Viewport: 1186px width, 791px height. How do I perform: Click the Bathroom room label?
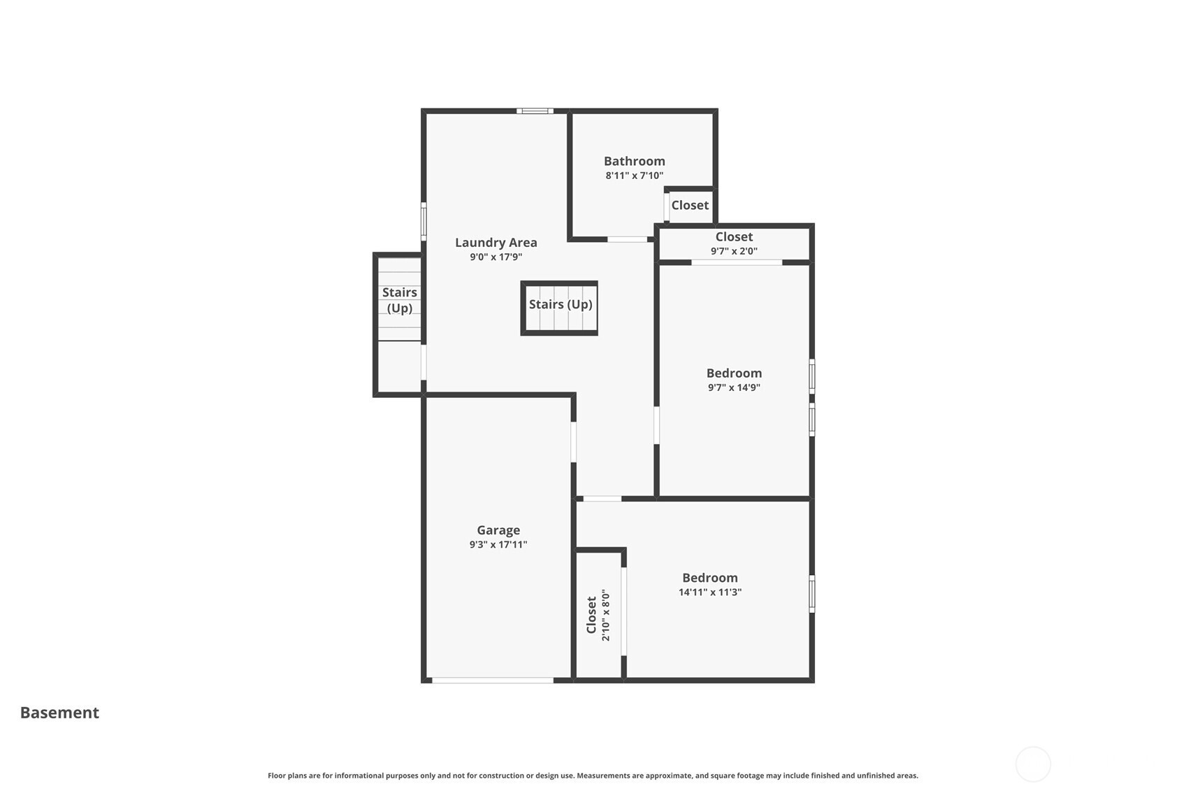tap(635, 161)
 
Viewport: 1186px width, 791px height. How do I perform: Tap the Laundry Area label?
tap(496, 243)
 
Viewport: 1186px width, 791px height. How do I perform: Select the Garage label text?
tap(498, 530)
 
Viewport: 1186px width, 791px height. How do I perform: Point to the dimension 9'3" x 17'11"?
tap(498, 545)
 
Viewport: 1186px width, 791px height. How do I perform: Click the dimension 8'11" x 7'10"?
tap(635, 176)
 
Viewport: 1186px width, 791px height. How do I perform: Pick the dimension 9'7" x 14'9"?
tap(734, 387)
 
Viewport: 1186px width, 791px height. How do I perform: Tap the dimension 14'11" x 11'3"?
tap(710, 592)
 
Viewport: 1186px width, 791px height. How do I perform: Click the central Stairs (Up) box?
tap(560, 308)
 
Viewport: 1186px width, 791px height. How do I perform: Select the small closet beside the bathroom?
tap(690, 206)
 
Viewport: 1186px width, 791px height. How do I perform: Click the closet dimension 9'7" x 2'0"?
tap(734, 251)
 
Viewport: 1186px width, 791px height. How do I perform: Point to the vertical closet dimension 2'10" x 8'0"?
tap(606, 615)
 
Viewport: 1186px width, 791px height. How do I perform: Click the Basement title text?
tap(59, 713)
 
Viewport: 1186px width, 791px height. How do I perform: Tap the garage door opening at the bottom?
tap(493, 680)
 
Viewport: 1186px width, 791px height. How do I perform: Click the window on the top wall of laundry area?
tap(535, 111)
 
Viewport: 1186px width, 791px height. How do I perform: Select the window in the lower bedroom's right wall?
tap(811, 594)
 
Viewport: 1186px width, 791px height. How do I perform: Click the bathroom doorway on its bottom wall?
tap(628, 239)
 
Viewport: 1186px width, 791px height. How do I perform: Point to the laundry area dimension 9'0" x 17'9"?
tap(496, 257)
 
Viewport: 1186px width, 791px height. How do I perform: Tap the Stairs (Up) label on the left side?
tap(400, 301)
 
